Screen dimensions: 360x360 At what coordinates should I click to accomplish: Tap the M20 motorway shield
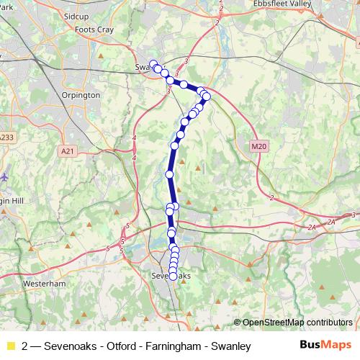pyautogui.click(x=259, y=147)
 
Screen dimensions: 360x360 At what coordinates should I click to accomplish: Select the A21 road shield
pyautogui.click(x=68, y=151)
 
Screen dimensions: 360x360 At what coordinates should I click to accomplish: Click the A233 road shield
pyautogui.click(x=6, y=137)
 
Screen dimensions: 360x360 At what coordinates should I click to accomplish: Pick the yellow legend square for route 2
pyautogui.click(x=10, y=346)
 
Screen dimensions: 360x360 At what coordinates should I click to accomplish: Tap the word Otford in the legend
pyautogui.click(x=122, y=346)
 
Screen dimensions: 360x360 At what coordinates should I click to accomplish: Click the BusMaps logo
pyautogui.click(x=325, y=346)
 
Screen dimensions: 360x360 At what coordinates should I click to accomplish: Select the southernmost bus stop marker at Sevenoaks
pyautogui.click(x=173, y=277)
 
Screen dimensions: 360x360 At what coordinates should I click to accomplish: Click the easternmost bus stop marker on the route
pyautogui.click(x=207, y=96)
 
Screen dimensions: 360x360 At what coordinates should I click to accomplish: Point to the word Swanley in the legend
pyautogui.click(x=229, y=346)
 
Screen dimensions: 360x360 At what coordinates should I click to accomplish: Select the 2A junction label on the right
pyautogui.click(x=311, y=227)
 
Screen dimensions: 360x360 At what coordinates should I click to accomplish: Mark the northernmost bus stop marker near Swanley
pyautogui.click(x=152, y=63)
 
